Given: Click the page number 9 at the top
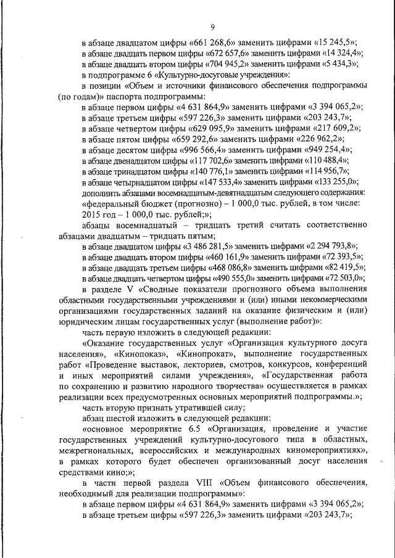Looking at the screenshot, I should coord(212,27).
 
